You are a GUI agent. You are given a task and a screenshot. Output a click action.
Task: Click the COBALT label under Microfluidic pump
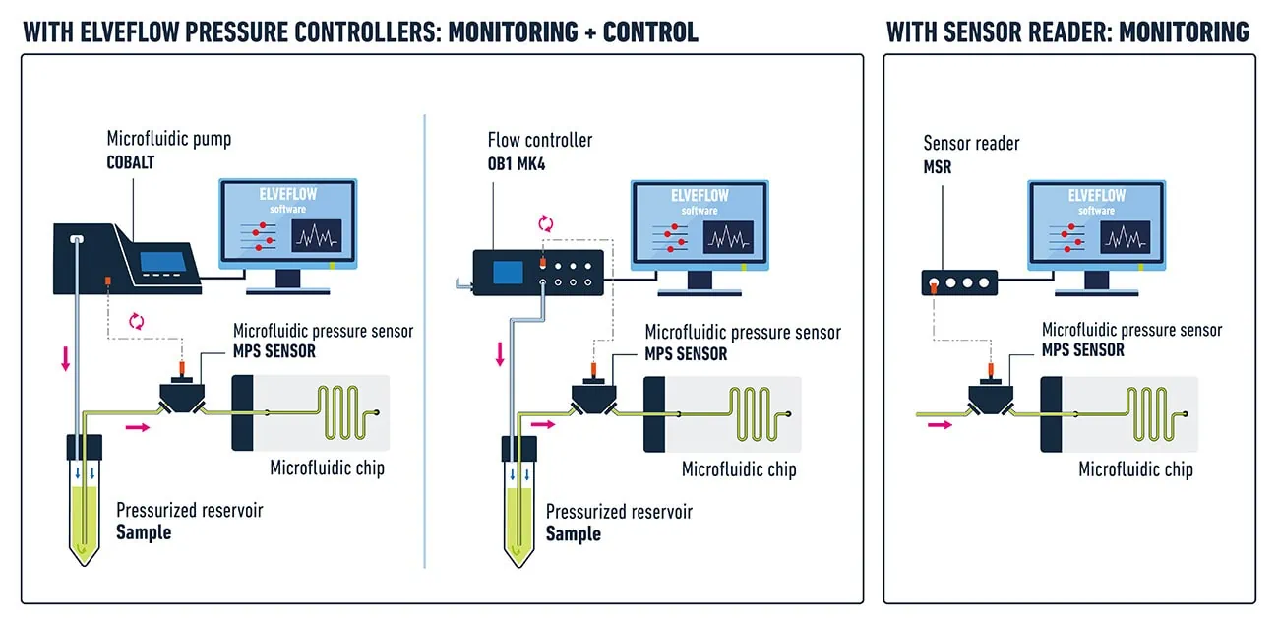click(131, 162)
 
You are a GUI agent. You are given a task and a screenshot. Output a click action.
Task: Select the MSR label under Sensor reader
click(937, 167)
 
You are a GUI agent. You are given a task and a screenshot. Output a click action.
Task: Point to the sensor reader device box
click(959, 283)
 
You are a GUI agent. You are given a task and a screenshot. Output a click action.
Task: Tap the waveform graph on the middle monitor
click(729, 236)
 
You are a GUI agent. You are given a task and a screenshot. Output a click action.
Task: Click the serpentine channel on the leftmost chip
click(345, 414)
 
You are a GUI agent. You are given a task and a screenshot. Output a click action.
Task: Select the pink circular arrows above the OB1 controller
click(546, 223)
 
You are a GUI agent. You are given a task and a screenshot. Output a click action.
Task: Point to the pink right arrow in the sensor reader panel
click(941, 425)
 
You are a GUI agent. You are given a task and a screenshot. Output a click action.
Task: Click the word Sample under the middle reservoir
click(573, 533)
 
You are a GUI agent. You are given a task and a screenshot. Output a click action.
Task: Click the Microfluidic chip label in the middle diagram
click(739, 469)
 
